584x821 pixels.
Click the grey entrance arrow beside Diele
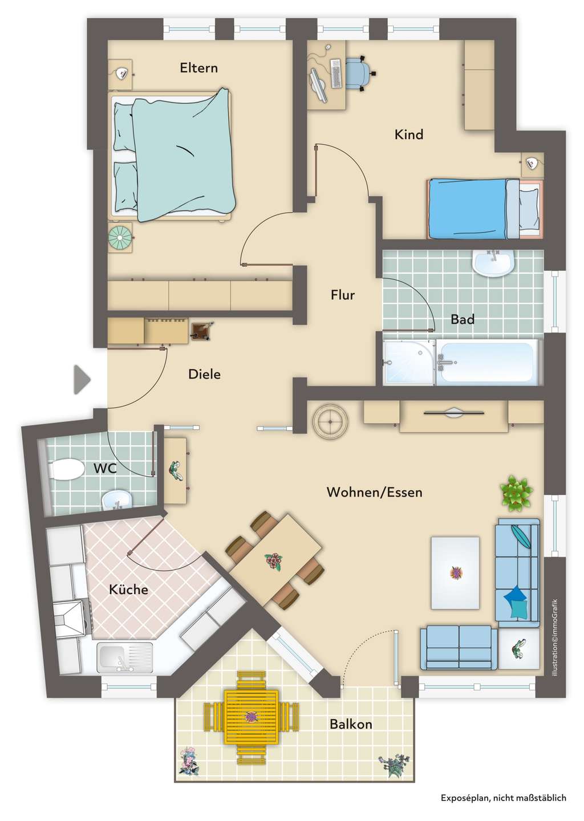coord(82,379)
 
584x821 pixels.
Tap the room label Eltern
coord(198,68)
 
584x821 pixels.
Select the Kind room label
coord(409,135)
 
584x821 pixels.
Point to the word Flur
coord(343,295)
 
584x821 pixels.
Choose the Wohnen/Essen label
coord(374,492)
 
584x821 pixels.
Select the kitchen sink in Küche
coord(125,658)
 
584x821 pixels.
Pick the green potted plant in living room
coord(516,493)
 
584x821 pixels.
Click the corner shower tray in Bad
coord(409,362)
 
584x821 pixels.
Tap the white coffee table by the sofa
coord(455,573)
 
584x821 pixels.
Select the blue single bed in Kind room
coord(484,208)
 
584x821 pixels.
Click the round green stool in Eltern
coord(120,238)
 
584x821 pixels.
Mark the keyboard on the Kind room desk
coord(336,74)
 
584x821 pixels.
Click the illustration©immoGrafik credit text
coord(555,637)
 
